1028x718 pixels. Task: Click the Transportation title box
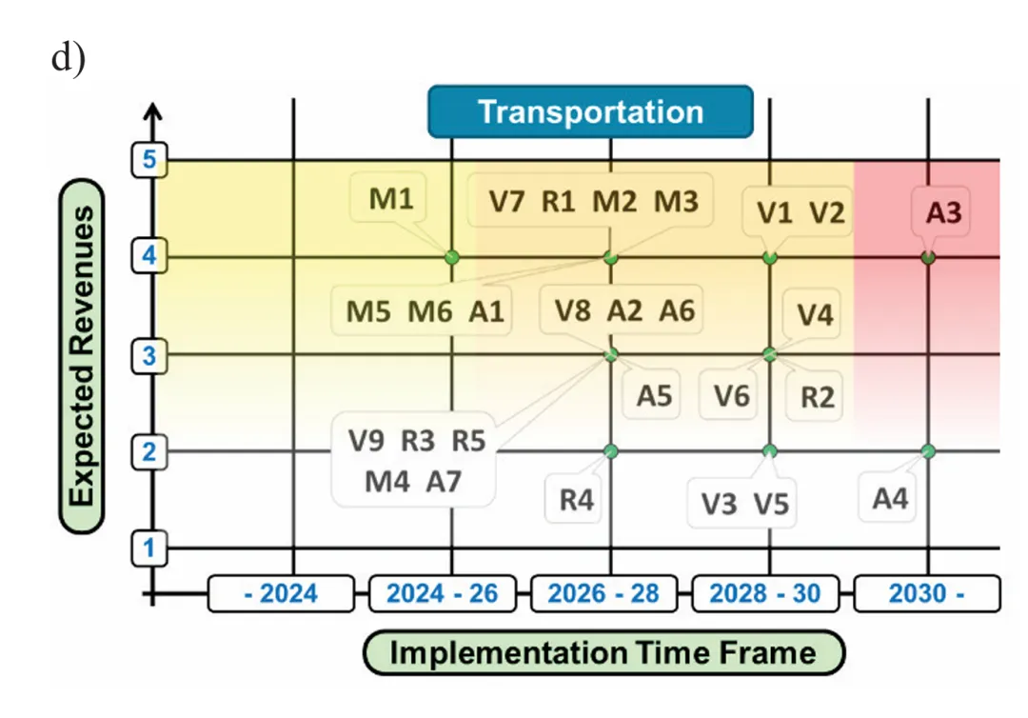point(590,111)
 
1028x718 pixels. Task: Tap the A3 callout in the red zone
point(943,212)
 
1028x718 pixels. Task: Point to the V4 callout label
point(814,313)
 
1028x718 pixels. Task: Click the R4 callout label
point(576,499)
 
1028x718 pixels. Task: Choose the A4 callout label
point(890,497)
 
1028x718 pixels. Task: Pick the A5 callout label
point(654,395)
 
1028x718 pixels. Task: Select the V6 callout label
point(731,395)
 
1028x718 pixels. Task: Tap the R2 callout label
point(816,395)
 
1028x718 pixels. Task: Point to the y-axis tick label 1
point(148,548)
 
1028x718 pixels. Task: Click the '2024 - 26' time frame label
point(443,593)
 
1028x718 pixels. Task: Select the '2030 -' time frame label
point(927,593)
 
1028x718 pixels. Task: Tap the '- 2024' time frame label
point(280,593)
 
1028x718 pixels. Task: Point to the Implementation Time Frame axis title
point(603,653)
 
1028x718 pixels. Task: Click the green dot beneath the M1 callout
point(451,257)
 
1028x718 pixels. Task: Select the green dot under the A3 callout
point(928,257)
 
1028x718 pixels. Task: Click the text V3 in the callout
point(720,504)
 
